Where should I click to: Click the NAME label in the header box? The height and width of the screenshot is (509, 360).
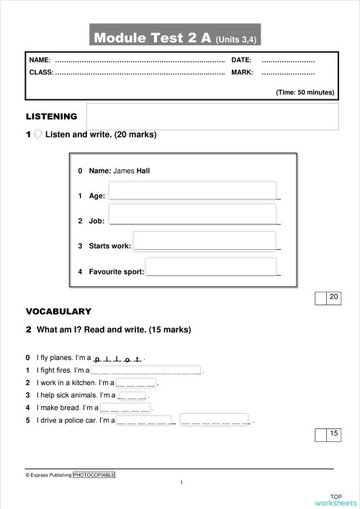[x=40, y=59]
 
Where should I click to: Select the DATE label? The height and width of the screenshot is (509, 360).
[x=241, y=59]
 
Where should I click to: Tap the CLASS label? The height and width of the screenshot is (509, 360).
[x=41, y=73]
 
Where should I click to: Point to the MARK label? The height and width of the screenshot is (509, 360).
[x=242, y=73]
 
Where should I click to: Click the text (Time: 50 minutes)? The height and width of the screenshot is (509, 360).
[x=306, y=92]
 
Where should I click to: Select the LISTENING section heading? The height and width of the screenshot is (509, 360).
[x=51, y=116]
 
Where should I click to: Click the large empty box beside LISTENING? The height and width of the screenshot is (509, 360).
[x=212, y=116]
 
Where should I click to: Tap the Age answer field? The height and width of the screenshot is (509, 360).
[x=192, y=190]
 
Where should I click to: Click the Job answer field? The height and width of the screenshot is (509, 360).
[x=192, y=214]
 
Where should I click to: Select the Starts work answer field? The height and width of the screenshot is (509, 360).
[x=204, y=240]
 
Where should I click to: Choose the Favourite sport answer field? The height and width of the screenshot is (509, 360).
[x=211, y=266]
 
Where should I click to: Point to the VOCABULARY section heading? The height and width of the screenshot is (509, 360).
[x=58, y=312]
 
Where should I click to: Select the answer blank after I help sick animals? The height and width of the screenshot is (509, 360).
[x=131, y=395]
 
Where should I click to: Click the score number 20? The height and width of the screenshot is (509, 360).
[x=334, y=297]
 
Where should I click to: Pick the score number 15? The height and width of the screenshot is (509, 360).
[x=334, y=433]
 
